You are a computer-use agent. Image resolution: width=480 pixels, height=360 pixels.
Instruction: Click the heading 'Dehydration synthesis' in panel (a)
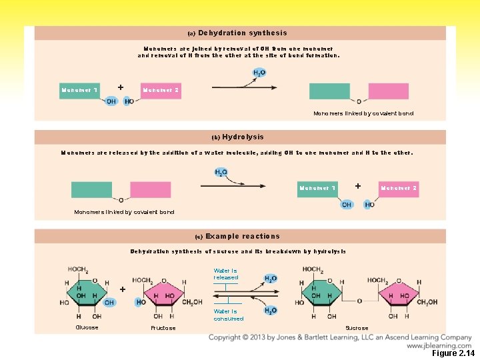(x=242, y=33)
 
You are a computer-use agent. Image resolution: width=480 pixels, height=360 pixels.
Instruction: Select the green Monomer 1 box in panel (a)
(x=79, y=91)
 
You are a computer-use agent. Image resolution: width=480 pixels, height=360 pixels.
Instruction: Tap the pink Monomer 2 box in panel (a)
(x=161, y=91)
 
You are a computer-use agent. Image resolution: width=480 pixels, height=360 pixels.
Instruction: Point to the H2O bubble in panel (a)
(x=259, y=73)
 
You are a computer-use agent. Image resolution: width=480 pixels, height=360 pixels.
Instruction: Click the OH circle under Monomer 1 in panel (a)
(x=111, y=101)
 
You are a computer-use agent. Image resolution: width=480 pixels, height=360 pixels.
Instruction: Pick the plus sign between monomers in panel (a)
(x=120, y=87)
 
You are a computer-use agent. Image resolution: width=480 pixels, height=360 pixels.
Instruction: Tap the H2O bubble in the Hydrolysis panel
(x=221, y=173)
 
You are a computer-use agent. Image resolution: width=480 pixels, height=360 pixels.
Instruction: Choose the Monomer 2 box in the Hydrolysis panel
(x=399, y=189)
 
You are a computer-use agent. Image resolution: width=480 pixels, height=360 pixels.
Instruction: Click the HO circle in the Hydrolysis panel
(x=369, y=205)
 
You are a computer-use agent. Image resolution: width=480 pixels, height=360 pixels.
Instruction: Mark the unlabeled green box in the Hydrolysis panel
(x=91, y=189)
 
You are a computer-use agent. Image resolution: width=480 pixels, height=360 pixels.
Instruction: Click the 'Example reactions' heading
(x=242, y=236)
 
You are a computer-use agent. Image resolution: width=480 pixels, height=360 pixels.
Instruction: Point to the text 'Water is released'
(x=225, y=274)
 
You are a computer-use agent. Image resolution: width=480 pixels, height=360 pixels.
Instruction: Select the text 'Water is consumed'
(x=228, y=315)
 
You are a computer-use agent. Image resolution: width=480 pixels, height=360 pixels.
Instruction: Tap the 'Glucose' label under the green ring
(x=87, y=327)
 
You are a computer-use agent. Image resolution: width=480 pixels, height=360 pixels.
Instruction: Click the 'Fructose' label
(x=163, y=328)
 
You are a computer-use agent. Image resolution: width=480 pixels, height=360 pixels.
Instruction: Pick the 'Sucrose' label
(x=357, y=328)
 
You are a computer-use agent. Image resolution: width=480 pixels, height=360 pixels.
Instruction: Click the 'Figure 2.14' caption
(x=453, y=353)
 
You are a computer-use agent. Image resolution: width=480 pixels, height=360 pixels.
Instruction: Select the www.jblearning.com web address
(x=439, y=345)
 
